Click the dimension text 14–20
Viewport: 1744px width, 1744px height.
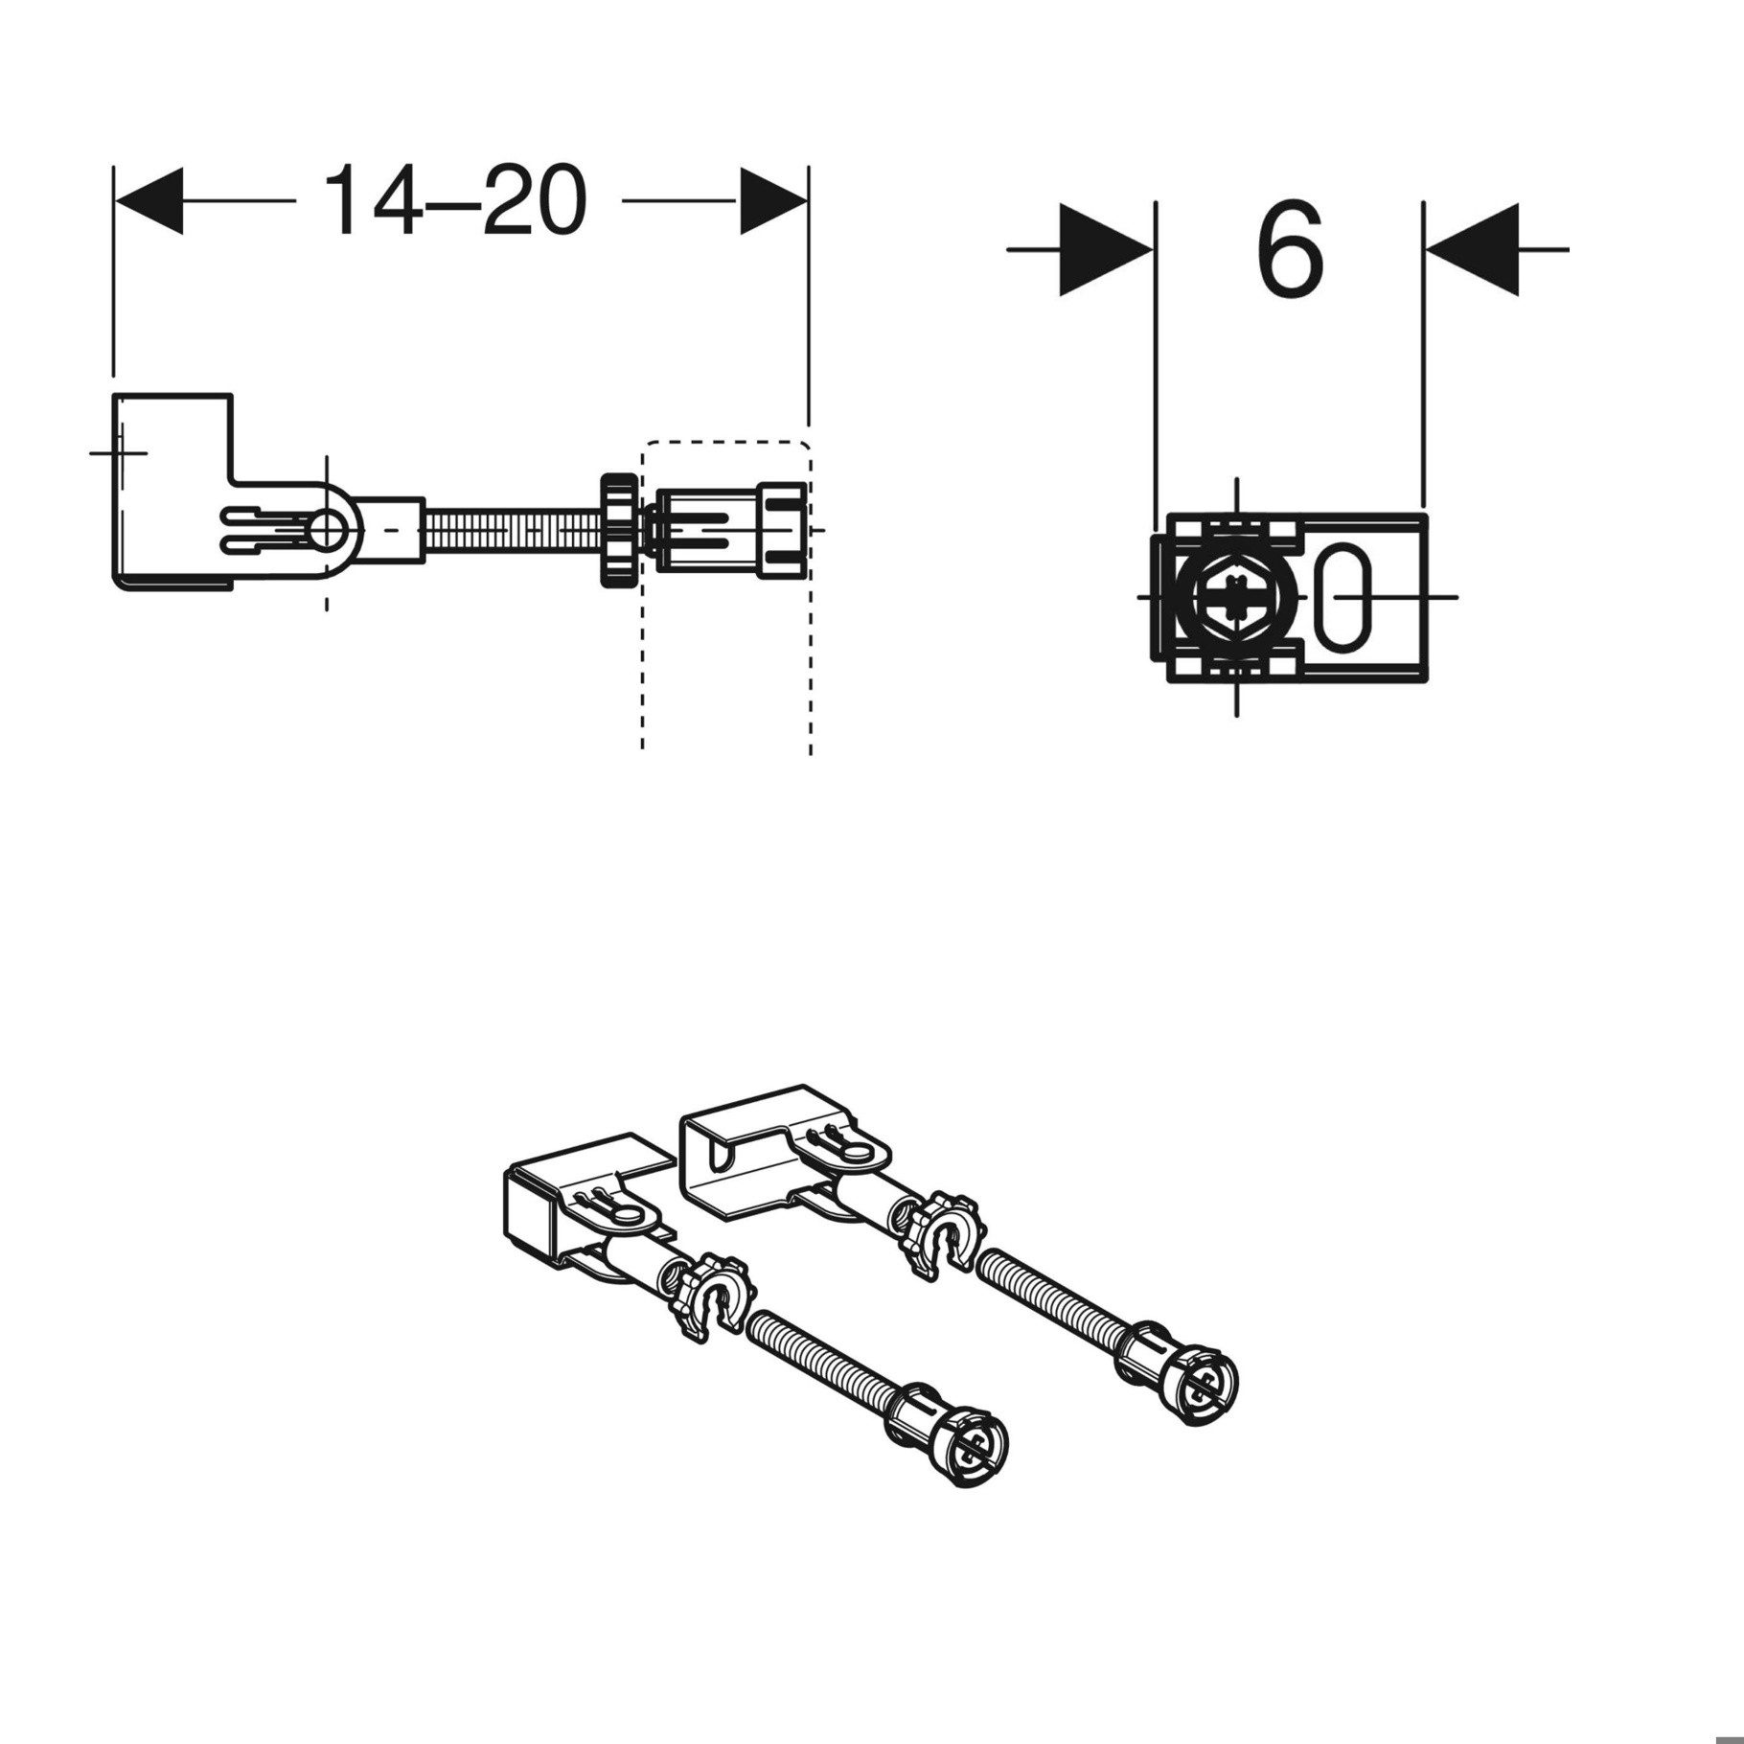(454, 200)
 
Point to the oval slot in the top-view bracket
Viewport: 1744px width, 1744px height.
(1345, 596)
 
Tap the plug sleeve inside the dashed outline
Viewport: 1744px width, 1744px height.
(728, 530)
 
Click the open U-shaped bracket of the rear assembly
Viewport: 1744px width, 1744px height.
(738, 1149)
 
